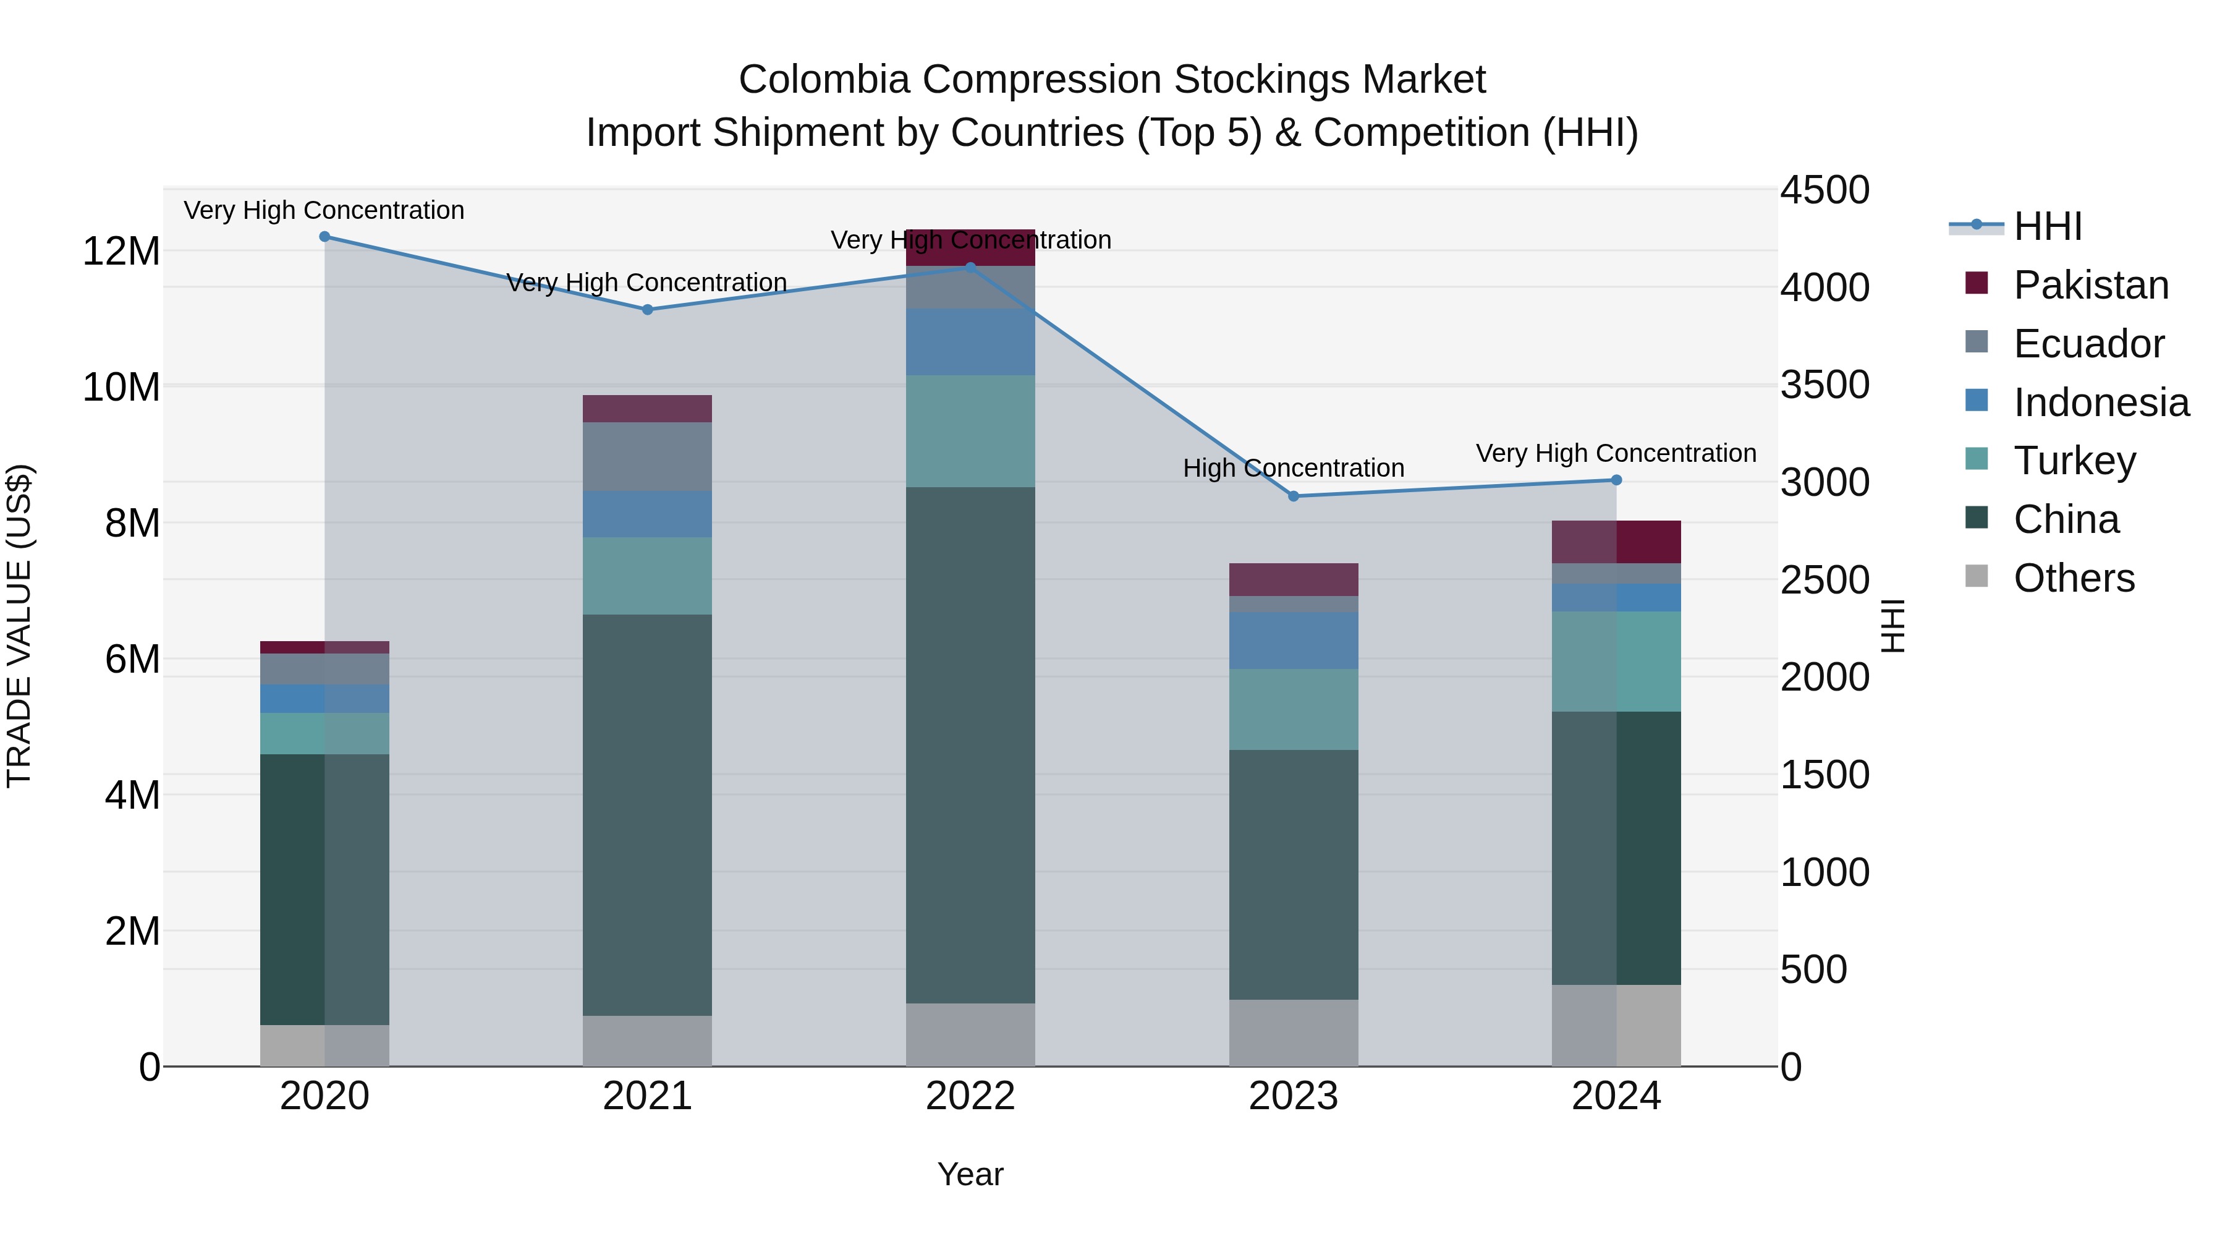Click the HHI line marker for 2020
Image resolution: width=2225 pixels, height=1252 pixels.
click(x=324, y=237)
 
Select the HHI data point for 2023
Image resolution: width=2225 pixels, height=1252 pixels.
click(x=1293, y=496)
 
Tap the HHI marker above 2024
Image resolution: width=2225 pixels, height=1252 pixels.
click(x=1616, y=480)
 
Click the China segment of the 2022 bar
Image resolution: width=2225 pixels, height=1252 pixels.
click(x=970, y=743)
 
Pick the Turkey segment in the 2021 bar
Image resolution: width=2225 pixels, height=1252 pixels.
click(x=647, y=576)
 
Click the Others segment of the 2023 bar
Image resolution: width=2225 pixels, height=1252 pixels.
click(x=1293, y=1033)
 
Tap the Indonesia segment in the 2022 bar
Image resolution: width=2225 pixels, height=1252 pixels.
click(x=970, y=341)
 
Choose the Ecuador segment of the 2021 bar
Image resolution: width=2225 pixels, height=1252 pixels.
click(x=647, y=456)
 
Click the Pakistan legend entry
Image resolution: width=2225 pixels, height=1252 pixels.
click(x=2090, y=285)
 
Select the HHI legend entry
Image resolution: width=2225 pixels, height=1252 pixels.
click(x=2047, y=226)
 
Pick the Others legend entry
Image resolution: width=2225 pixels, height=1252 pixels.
click(x=2073, y=578)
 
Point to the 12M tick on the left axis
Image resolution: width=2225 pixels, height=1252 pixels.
click(x=121, y=252)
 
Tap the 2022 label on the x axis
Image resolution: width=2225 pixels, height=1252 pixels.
click(x=970, y=1096)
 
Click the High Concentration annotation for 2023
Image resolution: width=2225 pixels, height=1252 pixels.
click(x=1293, y=468)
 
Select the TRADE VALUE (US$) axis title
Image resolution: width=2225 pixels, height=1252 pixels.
click(x=19, y=626)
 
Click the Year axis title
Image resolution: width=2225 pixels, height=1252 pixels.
click(x=970, y=1174)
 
